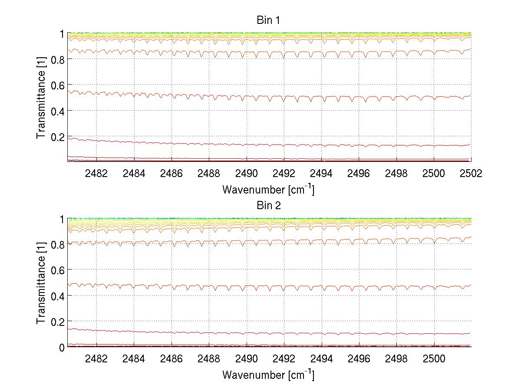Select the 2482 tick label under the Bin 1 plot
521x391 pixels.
click(96, 173)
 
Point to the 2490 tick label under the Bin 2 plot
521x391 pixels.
click(247, 359)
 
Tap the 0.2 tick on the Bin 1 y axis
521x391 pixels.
click(59, 136)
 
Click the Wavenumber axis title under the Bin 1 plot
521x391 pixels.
click(268, 190)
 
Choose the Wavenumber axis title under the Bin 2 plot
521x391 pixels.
click(268, 375)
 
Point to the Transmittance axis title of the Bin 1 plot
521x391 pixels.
click(41, 98)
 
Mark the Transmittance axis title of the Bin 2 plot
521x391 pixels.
click(41, 283)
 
